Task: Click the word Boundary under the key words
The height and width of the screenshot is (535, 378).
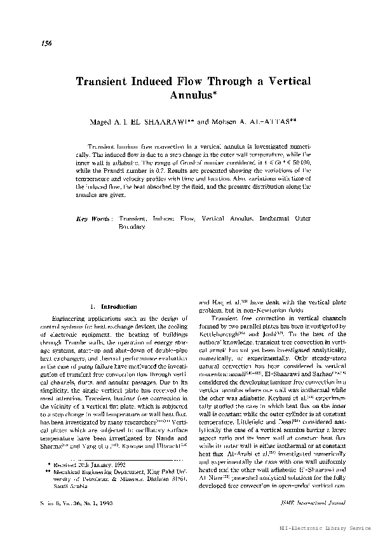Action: pos(134,226)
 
